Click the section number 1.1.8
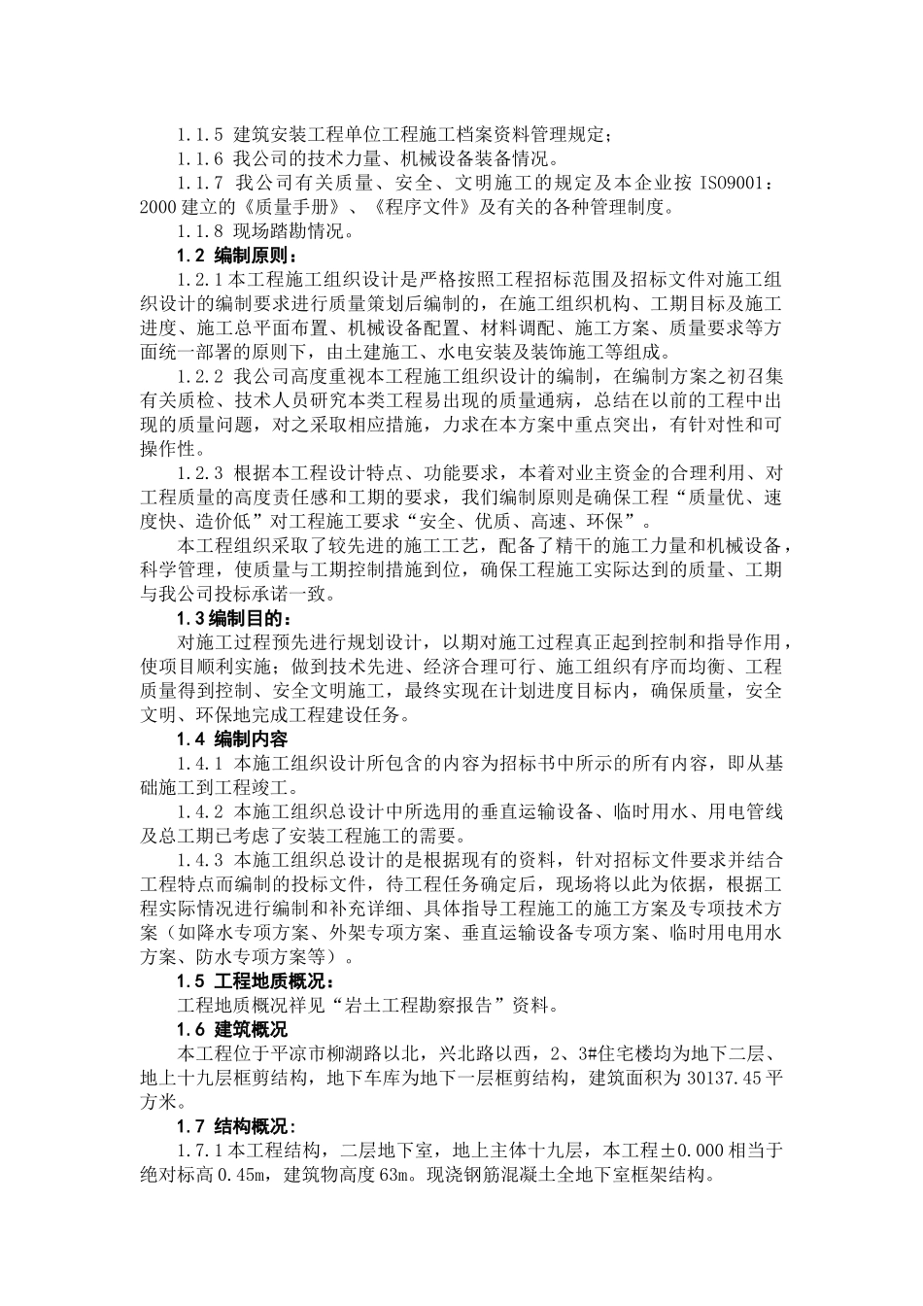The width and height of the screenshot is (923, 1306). pyautogui.click(x=200, y=231)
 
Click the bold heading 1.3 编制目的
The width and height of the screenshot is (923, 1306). pyautogui.click(x=232, y=618)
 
